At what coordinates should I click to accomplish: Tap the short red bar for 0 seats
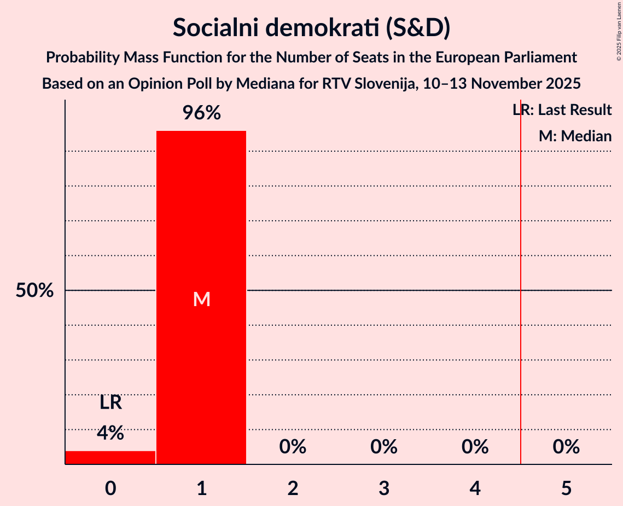click(110, 457)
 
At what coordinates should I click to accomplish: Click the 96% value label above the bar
click(201, 113)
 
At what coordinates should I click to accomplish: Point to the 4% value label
click(110, 433)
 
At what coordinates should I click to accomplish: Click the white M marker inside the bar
click(201, 299)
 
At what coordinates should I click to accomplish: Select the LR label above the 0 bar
click(110, 404)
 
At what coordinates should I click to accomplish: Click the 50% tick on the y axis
click(34, 291)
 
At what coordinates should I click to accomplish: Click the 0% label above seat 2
click(293, 447)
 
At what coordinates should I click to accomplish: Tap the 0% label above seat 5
click(566, 447)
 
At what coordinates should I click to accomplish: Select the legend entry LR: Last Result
click(562, 110)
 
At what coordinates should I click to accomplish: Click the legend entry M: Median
click(575, 136)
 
